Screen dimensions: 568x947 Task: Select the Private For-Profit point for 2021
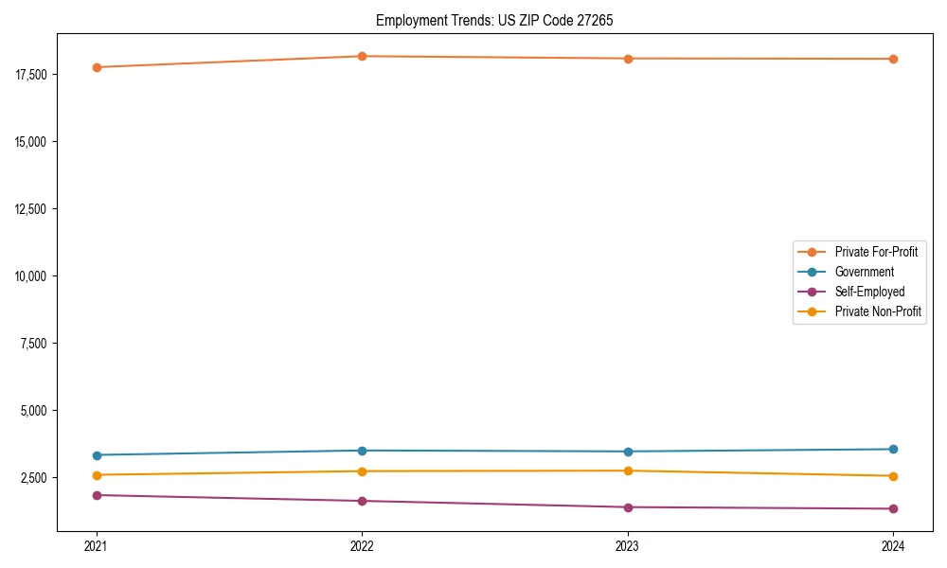click(x=97, y=67)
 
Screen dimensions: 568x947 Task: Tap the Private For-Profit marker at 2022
click(x=362, y=56)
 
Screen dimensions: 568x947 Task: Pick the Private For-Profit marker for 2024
click(x=893, y=59)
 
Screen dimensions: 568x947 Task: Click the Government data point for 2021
click(x=97, y=455)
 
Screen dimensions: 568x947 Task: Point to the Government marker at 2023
click(x=628, y=452)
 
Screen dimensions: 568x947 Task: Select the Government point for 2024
click(x=893, y=449)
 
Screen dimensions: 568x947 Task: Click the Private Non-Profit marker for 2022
click(x=362, y=471)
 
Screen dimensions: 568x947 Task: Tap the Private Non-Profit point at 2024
click(x=893, y=476)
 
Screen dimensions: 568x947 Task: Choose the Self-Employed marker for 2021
click(x=97, y=495)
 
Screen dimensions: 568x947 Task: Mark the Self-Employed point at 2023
click(x=628, y=507)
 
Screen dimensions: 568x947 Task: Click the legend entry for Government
click(x=864, y=272)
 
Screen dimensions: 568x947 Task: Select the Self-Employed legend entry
click(x=869, y=292)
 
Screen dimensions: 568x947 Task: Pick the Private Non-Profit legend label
click(x=878, y=311)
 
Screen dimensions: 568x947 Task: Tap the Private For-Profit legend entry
click(x=876, y=252)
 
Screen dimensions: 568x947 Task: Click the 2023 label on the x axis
click(x=628, y=545)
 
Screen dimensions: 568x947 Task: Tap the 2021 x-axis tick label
click(x=97, y=545)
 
